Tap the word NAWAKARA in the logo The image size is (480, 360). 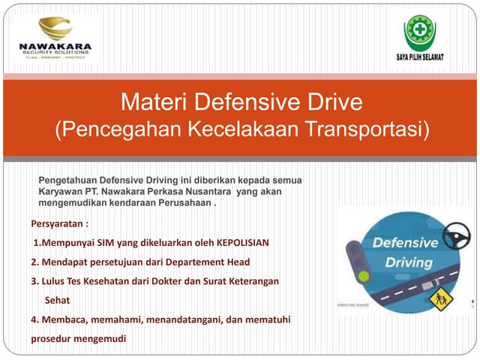click(55, 46)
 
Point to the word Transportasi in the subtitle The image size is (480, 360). click(365, 128)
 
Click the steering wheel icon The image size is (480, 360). click(456, 238)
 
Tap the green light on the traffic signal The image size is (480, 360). click(364, 276)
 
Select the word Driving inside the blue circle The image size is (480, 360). click(409, 263)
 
